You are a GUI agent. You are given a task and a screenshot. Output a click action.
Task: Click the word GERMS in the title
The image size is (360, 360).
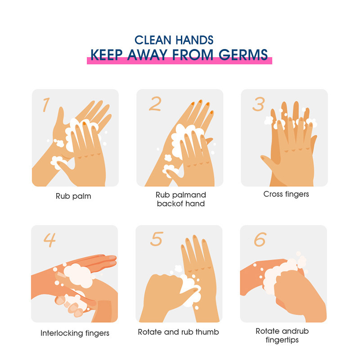pos(243,55)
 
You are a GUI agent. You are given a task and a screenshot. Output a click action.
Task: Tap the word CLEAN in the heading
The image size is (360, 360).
pos(153,40)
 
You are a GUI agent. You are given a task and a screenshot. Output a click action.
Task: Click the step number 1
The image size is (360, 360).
pos(46,105)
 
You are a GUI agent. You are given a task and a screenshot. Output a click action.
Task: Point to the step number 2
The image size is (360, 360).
pos(155,104)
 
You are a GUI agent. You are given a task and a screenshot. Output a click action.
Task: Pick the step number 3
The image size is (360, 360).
pos(259,104)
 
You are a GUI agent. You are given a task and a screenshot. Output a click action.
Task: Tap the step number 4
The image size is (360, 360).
pos(49,240)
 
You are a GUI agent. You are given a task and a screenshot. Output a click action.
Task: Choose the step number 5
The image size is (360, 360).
pos(157,239)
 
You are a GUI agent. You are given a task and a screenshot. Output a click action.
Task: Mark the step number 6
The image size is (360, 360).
pos(260,239)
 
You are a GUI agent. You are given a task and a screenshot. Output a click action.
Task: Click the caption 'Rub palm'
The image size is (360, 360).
pos(73,196)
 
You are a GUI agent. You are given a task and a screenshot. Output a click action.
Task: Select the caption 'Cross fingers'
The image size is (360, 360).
pos(286,194)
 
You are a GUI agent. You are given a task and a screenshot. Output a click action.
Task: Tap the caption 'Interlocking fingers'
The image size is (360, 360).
pos(75,333)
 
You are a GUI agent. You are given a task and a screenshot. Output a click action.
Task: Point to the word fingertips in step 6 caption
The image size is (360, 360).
pos(282,340)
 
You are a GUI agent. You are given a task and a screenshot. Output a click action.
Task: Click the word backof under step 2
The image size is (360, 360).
pos(170,204)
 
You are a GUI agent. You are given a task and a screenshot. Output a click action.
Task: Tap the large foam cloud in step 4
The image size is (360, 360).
pos(78,276)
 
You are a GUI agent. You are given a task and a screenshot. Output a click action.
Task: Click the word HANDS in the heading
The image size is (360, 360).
pos(195,40)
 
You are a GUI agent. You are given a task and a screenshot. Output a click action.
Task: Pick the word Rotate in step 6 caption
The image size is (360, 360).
pos(268,331)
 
